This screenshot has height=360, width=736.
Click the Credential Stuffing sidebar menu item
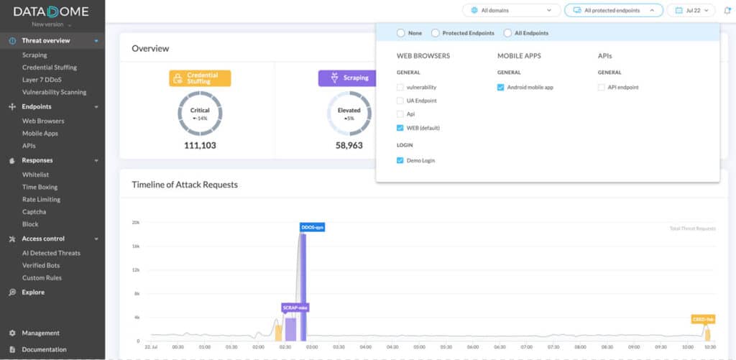[49, 68]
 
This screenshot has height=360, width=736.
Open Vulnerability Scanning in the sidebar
[54, 92]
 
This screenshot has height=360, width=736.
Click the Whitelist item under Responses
[35, 175]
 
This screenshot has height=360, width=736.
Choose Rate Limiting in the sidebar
[41, 199]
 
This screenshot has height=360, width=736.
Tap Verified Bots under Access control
[41, 265]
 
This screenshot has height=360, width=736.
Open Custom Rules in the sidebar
[42, 277]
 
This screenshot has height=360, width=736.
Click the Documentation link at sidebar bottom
[44, 349]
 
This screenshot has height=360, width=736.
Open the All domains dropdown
[511, 10]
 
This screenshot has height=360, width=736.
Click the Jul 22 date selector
[691, 10]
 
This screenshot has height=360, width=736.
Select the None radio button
[401, 33]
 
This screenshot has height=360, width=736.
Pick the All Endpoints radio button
[508, 33]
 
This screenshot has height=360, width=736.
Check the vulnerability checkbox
[400, 87]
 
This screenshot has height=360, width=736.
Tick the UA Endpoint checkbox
[400, 101]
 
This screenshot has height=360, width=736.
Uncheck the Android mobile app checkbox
[501, 87]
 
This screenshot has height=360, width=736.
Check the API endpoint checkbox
[602, 87]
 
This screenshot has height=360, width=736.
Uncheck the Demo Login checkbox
[400, 160]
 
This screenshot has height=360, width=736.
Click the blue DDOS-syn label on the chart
[312, 227]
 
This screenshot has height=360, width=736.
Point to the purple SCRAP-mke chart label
[295, 308]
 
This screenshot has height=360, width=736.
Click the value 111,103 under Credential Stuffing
[200, 145]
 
